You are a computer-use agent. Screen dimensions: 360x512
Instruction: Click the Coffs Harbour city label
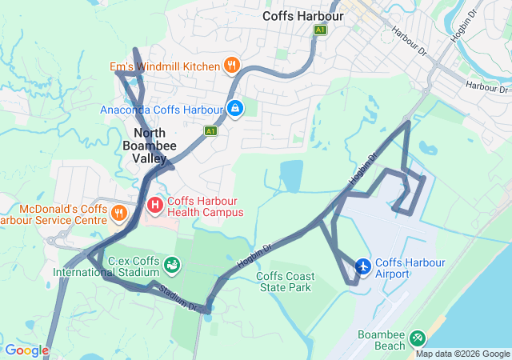pyautogui.click(x=303, y=15)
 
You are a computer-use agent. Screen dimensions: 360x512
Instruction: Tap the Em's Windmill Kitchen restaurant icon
pyautogui.click(x=231, y=66)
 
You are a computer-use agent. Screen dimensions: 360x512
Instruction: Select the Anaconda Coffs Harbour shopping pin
pyautogui.click(x=234, y=109)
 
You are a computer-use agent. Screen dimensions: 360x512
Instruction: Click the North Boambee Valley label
pyautogui.click(x=145, y=146)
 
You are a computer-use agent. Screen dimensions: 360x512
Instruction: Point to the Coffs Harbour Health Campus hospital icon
pyautogui.click(x=155, y=206)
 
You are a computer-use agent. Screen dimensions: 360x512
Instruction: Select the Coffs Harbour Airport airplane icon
pyautogui.click(x=362, y=266)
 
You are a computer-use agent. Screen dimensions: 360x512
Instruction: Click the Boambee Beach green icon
pyautogui.click(x=417, y=339)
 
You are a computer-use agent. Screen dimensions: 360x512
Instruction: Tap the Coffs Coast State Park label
pyautogui.click(x=285, y=282)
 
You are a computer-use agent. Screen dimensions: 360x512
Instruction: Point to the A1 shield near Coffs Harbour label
pyautogui.click(x=321, y=30)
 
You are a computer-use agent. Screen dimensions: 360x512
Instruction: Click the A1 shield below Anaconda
pyautogui.click(x=210, y=130)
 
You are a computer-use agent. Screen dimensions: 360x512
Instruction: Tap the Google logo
pyautogui.click(x=26, y=350)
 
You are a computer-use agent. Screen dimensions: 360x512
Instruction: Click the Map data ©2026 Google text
pyautogui.click(x=462, y=354)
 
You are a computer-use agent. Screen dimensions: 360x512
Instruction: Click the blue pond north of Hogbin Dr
pyautogui.click(x=292, y=175)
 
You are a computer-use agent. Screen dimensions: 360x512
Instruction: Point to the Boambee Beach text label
pyautogui.click(x=382, y=340)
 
